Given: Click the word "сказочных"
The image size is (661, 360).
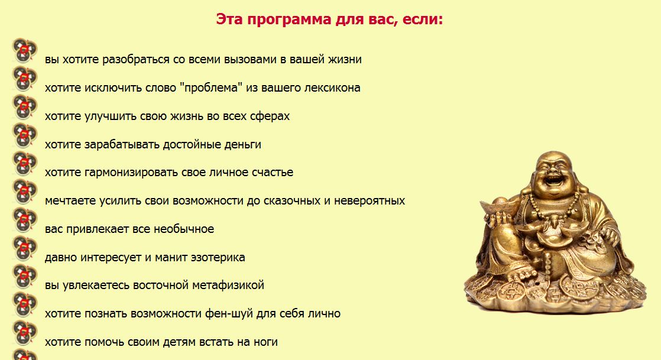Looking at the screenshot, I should tap(287, 201).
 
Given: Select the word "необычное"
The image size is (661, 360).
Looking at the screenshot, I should tap(184, 229).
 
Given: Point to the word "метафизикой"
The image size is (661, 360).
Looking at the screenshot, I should tap(228, 286).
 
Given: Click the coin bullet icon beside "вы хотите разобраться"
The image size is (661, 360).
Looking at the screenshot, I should tap(24, 51).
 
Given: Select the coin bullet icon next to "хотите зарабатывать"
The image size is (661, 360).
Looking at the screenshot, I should tap(24, 136).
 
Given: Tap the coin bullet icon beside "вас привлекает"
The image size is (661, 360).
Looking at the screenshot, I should tap(24, 220).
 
